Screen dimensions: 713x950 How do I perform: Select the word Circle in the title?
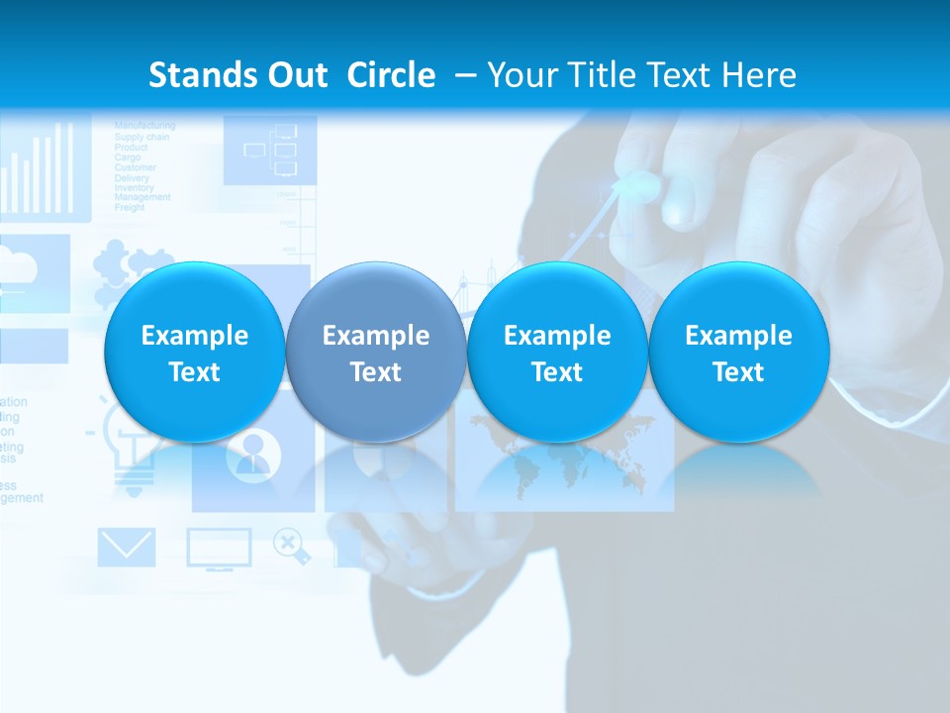391,75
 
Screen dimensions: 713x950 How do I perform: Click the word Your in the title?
520,75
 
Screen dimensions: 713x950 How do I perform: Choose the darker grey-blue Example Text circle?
376,353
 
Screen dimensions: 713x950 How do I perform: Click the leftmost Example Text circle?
194,353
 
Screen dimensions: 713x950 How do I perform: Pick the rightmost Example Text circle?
738,353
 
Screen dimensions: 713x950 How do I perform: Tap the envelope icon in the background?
126,548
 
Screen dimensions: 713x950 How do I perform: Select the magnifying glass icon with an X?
289,544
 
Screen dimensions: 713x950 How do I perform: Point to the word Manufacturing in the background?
144,126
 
